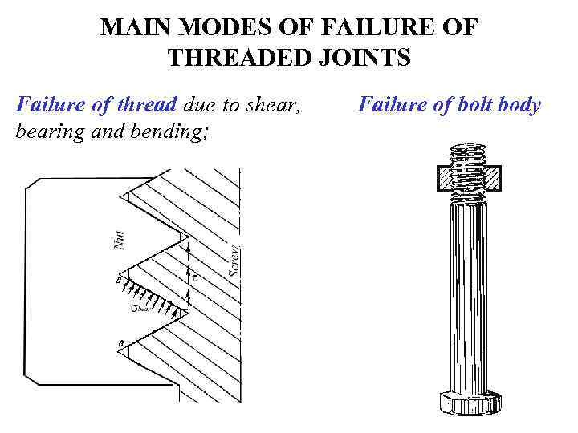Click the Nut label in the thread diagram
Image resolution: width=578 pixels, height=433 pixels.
pos(120,238)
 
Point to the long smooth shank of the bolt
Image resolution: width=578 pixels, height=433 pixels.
pos(470,297)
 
